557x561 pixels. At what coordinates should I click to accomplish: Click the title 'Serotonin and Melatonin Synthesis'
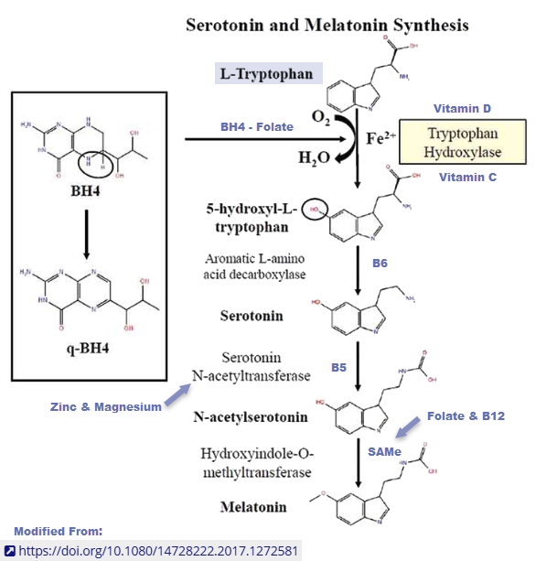coord(327,25)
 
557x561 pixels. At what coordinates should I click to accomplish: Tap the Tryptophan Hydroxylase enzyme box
coord(464,141)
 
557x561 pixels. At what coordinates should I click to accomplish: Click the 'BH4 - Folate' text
coord(257,126)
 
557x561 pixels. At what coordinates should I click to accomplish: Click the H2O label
coord(314,158)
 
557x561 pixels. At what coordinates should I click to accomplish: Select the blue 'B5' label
coord(338,368)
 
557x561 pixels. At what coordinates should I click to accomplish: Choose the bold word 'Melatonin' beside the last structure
coord(252,506)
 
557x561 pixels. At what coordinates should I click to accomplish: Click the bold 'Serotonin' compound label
coord(251,316)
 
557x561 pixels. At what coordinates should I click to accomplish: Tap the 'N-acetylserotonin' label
coord(250,417)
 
